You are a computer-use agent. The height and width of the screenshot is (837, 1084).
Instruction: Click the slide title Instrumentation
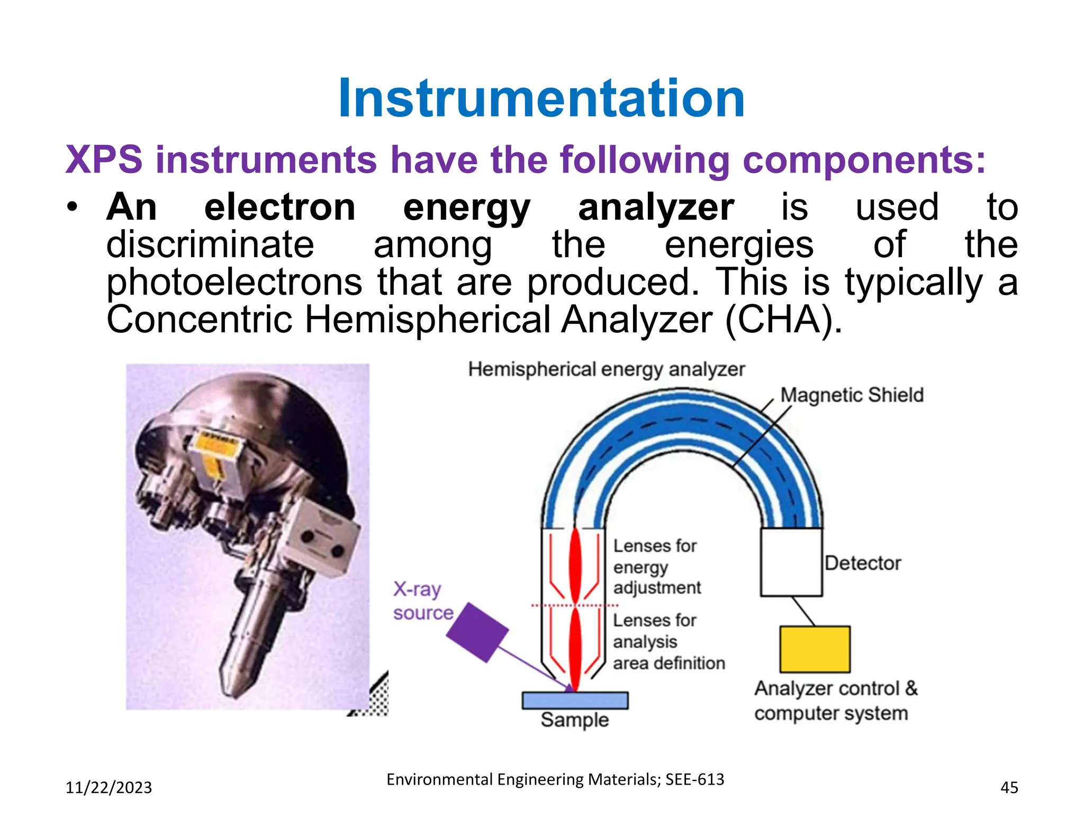(x=541, y=98)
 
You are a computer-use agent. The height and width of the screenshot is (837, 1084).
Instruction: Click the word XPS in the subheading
(x=104, y=159)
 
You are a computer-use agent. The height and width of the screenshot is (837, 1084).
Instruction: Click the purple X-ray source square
(x=477, y=632)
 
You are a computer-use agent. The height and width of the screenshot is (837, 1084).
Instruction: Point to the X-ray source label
(x=422, y=601)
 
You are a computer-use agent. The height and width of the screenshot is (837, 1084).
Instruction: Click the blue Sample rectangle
(x=575, y=700)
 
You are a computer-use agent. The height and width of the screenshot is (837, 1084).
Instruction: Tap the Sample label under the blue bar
(x=575, y=720)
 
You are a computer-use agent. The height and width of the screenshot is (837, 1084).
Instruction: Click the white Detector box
(x=791, y=562)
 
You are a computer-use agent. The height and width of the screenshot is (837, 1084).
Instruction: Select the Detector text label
(x=863, y=563)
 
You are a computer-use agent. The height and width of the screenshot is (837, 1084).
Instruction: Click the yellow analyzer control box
(x=815, y=649)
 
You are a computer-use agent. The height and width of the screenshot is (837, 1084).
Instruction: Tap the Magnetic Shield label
(x=852, y=395)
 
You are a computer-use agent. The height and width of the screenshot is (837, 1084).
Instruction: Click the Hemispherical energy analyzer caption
(x=606, y=369)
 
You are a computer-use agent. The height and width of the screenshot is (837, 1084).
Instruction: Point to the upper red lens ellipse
(x=575, y=566)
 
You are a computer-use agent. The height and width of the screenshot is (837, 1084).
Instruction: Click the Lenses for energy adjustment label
(x=656, y=567)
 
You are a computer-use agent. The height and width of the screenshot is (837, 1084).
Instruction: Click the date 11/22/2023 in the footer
(x=109, y=788)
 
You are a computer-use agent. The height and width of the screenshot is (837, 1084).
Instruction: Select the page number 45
(x=1009, y=788)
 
